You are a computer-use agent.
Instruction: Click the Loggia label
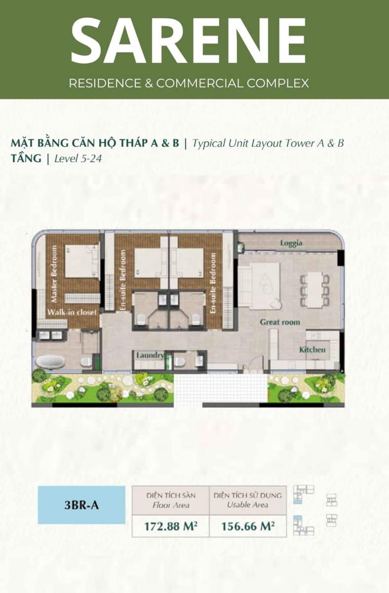tap(291, 243)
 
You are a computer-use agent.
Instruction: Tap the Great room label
tap(280, 322)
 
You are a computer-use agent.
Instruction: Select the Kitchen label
tap(312, 349)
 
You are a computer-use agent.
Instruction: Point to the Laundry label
tap(150, 355)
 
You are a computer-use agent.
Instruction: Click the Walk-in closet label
tap(72, 312)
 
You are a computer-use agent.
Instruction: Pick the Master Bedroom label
tap(54, 274)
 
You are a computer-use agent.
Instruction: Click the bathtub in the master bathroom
tap(50, 362)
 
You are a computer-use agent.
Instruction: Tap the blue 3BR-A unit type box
tap(81, 505)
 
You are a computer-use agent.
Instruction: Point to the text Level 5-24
tap(78, 159)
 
